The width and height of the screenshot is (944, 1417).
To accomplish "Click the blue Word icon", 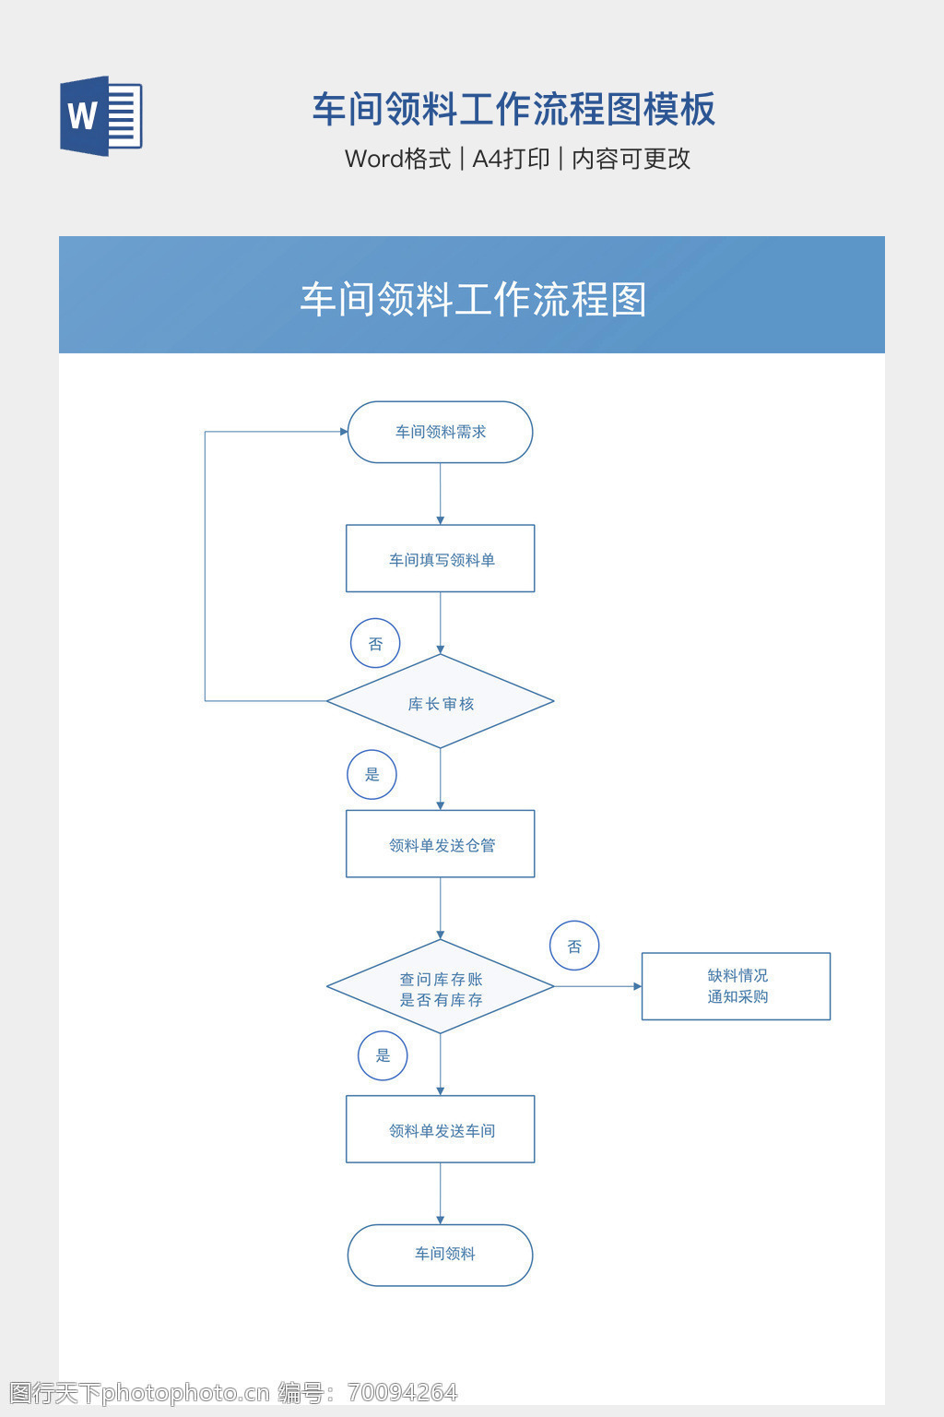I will point(100,116).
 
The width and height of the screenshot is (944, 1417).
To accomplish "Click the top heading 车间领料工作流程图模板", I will point(513,109).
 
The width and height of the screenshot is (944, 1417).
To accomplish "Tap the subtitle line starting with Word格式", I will point(517,159).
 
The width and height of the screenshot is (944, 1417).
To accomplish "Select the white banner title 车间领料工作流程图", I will point(473,300).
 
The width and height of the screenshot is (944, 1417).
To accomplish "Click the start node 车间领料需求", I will point(440,432).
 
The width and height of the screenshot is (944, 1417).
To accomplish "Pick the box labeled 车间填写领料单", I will point(440,559).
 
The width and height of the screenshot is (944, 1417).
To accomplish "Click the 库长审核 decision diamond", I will point(440,702).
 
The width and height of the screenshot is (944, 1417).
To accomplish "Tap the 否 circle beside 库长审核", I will point(375,643).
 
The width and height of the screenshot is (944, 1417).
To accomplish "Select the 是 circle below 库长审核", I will point(372,774).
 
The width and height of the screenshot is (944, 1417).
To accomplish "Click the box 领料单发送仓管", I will point(440,844).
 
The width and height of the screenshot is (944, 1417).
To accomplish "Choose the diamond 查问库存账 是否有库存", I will point(440,987).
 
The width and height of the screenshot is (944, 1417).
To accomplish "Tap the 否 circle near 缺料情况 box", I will point(574,946).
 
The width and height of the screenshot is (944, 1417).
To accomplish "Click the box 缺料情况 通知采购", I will point(736,986).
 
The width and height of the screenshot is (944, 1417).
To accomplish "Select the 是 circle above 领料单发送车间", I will point(383,1055).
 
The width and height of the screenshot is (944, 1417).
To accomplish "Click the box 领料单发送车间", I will point(440,1129).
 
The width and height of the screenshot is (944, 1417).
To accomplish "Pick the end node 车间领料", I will point(440,1255).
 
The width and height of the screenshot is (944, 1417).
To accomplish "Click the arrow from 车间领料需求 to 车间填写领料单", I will point(440,494).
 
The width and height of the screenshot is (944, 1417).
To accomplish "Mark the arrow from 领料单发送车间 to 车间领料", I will point(440,1194).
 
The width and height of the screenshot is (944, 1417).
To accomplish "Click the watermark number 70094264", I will point(403,1392).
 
